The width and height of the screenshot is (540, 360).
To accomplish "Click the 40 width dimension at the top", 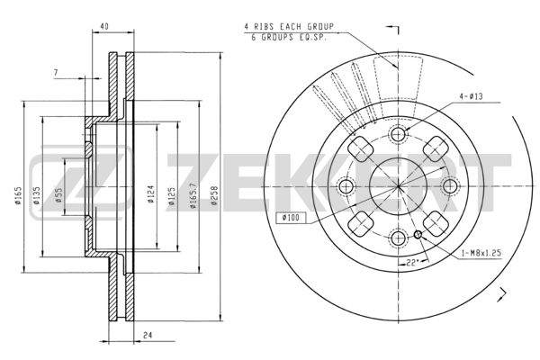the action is (104, 26).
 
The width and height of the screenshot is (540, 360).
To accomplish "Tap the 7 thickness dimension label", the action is (56, 73).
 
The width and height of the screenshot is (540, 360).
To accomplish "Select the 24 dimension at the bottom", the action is (148, 335).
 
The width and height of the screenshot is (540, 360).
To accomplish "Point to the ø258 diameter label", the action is (214, 195).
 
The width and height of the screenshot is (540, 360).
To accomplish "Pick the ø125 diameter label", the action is (172, 196).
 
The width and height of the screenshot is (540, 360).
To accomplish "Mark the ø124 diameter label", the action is (151, 194).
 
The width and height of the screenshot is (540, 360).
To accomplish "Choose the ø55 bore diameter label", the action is (58, 195).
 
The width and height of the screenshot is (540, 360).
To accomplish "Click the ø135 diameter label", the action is (37, 195).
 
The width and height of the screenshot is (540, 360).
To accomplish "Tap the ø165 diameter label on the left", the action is (18, 195).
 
